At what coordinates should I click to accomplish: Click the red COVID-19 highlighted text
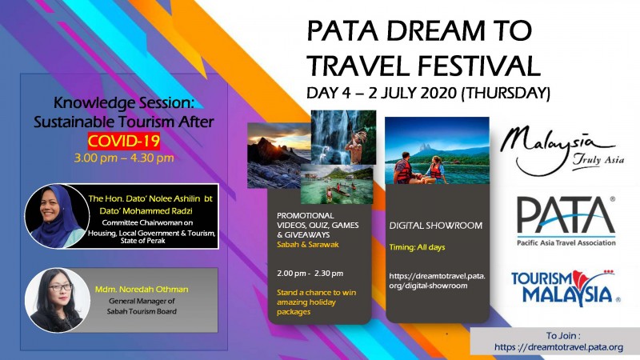(124, 141)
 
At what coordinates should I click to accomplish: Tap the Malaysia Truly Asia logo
(562, 150)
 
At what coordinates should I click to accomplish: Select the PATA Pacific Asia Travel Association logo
(566, 222)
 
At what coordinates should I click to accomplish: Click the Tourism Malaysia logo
(566, 288)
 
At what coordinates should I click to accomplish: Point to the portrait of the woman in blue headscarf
(57, 216)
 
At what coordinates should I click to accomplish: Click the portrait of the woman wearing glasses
(57, 300)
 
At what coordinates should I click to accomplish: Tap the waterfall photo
(343, 137)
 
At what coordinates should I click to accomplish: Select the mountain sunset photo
(278, 155)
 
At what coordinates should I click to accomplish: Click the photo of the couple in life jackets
(437, 150)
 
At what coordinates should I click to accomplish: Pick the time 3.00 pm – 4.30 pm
(124, 158)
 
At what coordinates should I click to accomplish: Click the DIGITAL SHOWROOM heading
(435, 226)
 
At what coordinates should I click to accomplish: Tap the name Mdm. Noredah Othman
(142, 290)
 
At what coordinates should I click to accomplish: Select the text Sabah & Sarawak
(308, 245)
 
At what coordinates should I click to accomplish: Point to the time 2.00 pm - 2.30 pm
(310, 274)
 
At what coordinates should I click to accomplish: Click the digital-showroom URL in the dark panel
(437, 281)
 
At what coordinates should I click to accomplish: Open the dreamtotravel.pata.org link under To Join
(558, 347)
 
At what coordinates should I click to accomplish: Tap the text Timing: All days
(417, 247)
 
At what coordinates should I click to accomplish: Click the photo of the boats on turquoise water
(337, 184)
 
